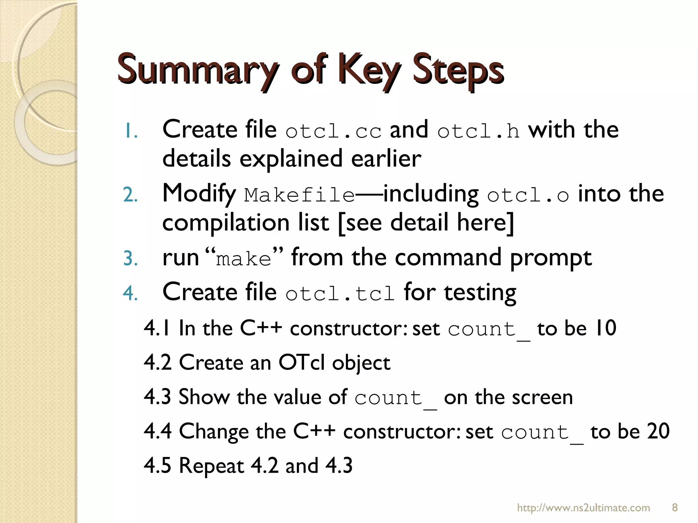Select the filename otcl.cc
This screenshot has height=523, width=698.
point(333,131)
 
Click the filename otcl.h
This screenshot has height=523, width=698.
point(479,131)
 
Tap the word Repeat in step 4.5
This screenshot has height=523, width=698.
point(211,466)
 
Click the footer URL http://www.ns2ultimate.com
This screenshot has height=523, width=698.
point(583,508)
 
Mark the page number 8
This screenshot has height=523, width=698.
point(674,508)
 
